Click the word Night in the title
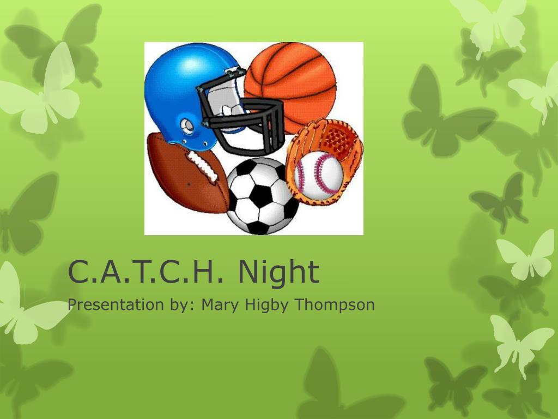tap(278, 272)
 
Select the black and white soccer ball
tap(262, 196)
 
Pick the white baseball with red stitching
tap(318, 173)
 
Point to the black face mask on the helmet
tap(242, 118)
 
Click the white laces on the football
tap(203, 166)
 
